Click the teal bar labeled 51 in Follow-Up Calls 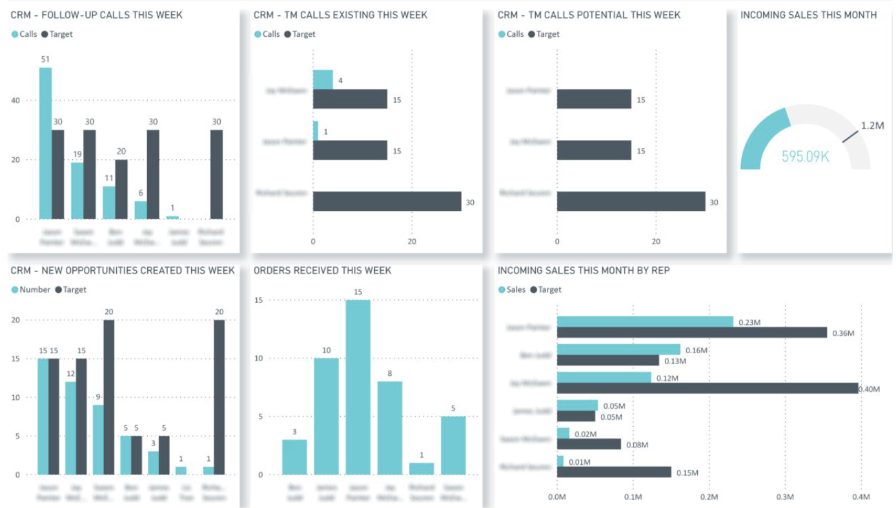tap(45, 143)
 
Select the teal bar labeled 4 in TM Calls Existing tap(323, 80)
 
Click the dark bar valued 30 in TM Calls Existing tap(387, 202)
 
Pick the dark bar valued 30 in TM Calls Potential tap(631, 202)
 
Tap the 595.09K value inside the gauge tap(805, 157)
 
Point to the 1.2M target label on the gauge tap(872, 126)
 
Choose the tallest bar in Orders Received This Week tap(358, 387)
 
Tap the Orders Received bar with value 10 tap(326, 416)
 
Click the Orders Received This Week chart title tap(322, 271)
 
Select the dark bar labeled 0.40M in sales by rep tap(707, 388)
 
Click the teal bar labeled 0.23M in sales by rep tap(644, 322)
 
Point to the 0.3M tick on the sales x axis tap(785, 497)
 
